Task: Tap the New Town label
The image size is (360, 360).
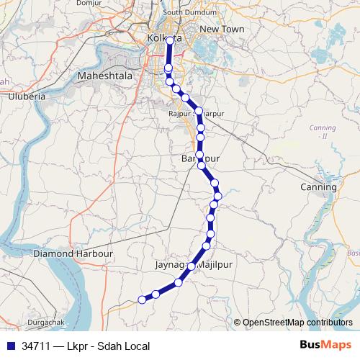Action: (x=222, y=29)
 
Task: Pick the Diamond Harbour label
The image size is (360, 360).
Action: (x=74, y=254)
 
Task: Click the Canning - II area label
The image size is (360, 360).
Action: (x=318, y=132)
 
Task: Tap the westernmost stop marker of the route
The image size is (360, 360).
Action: (x=142, y=300)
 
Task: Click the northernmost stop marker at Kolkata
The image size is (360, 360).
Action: (x=170, y=41)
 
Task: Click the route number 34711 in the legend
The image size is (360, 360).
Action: (x=36, y=346)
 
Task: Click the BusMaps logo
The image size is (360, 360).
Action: (x=326, y=346)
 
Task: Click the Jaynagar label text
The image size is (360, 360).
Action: (x=171, y=266)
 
